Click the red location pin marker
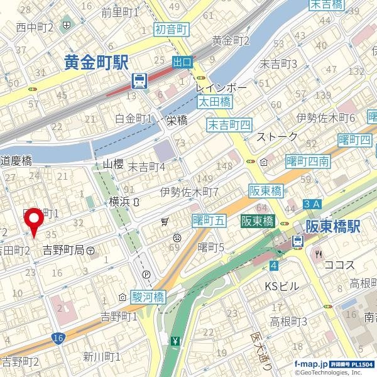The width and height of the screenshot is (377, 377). click(x=33, y=222)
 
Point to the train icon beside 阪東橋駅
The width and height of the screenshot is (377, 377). click(x=297, y=241)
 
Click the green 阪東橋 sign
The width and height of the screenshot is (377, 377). click(x=258, y=222)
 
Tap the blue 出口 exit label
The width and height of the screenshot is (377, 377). click(x=182, y=62)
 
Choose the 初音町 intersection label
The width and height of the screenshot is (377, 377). click(x=171, y=30)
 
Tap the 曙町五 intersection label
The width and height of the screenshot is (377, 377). click(x=209, y=220)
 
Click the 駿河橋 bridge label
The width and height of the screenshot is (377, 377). click(x=148, y=297)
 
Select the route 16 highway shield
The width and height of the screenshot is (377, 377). click(x=58, y=338)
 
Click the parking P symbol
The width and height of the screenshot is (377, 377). click(x=146, y=275)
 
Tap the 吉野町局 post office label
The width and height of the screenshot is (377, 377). click(x=68, y=250)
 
